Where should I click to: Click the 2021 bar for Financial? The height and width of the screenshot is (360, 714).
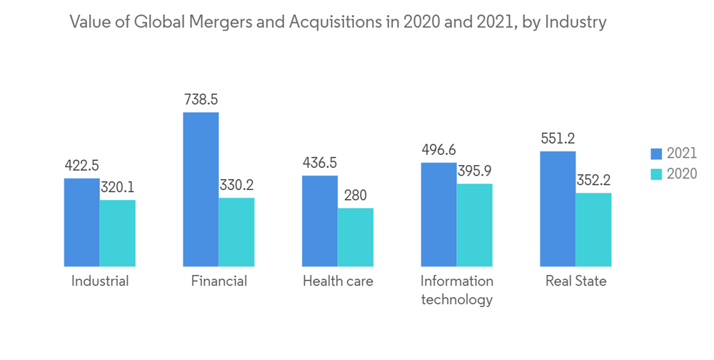(x=201, y=189)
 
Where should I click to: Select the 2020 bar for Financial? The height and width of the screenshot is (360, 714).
(x=236, y=232)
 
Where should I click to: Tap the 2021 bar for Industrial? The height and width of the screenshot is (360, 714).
(x=81, y=222)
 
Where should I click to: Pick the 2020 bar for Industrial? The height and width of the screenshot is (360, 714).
(x=117, y=233)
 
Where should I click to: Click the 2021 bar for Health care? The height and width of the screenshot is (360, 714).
(x=319, y=221)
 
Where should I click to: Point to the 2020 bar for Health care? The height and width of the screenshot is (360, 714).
(x=355, y=237)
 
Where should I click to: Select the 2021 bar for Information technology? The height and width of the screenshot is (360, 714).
(x=438, y=214)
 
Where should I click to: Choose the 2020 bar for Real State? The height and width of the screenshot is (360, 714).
(x=593, y=229)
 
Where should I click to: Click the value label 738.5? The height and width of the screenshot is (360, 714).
(x=201, y=100)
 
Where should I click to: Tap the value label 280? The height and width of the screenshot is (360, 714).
(x=356, y=195)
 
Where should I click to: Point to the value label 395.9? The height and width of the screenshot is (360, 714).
(x=474, y=171)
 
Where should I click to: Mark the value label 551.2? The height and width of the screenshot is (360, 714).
(x=558, y=139)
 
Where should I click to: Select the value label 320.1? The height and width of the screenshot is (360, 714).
(x=117, y=187)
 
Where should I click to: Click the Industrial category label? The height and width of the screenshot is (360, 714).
(x=100, y=281)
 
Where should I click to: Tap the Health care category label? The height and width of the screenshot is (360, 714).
(x=338, y=281)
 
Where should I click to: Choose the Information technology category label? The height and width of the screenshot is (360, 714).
(x=457, y=290)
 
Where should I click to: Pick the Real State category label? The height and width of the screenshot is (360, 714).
(x=575, y=281)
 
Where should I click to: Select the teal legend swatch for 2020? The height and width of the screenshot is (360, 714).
(x=657, y=174)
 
